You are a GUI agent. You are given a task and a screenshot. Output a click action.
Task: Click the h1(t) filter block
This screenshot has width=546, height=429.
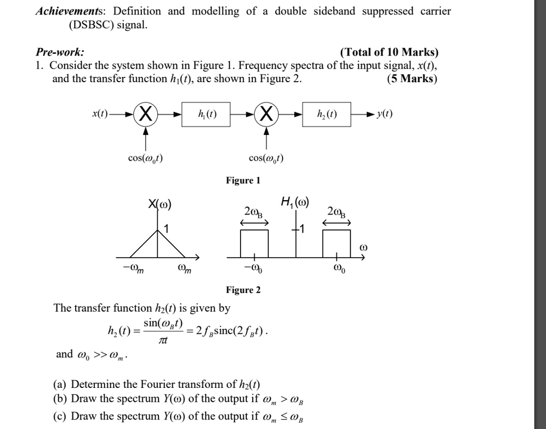(206, 114)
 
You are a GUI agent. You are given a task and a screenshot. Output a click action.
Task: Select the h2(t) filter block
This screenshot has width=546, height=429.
(326, 114)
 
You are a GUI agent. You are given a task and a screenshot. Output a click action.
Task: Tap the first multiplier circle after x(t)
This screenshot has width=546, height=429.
(146, 114)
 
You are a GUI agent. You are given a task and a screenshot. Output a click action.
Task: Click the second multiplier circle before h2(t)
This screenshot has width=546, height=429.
(266, 114)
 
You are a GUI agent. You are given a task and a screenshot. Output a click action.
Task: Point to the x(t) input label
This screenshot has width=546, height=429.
(100, 114)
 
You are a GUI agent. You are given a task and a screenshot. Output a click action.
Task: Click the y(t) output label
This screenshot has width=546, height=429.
(384, 114)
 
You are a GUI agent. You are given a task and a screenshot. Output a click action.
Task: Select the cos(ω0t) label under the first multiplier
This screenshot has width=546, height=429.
(146, 158)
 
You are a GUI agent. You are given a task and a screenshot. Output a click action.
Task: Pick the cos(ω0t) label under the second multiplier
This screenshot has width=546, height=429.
(266, 158)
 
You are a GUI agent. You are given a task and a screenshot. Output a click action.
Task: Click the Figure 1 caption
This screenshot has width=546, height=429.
(243, 180)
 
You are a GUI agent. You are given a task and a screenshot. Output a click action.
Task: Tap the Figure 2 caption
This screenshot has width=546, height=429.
(243, 290)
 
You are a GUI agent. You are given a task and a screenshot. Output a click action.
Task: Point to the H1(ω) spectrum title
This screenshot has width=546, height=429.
(295, 203)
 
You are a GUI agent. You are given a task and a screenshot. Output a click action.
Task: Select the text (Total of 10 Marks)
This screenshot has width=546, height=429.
(389, 52)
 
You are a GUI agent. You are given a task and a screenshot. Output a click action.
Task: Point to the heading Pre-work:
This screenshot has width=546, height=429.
(60, 52)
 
